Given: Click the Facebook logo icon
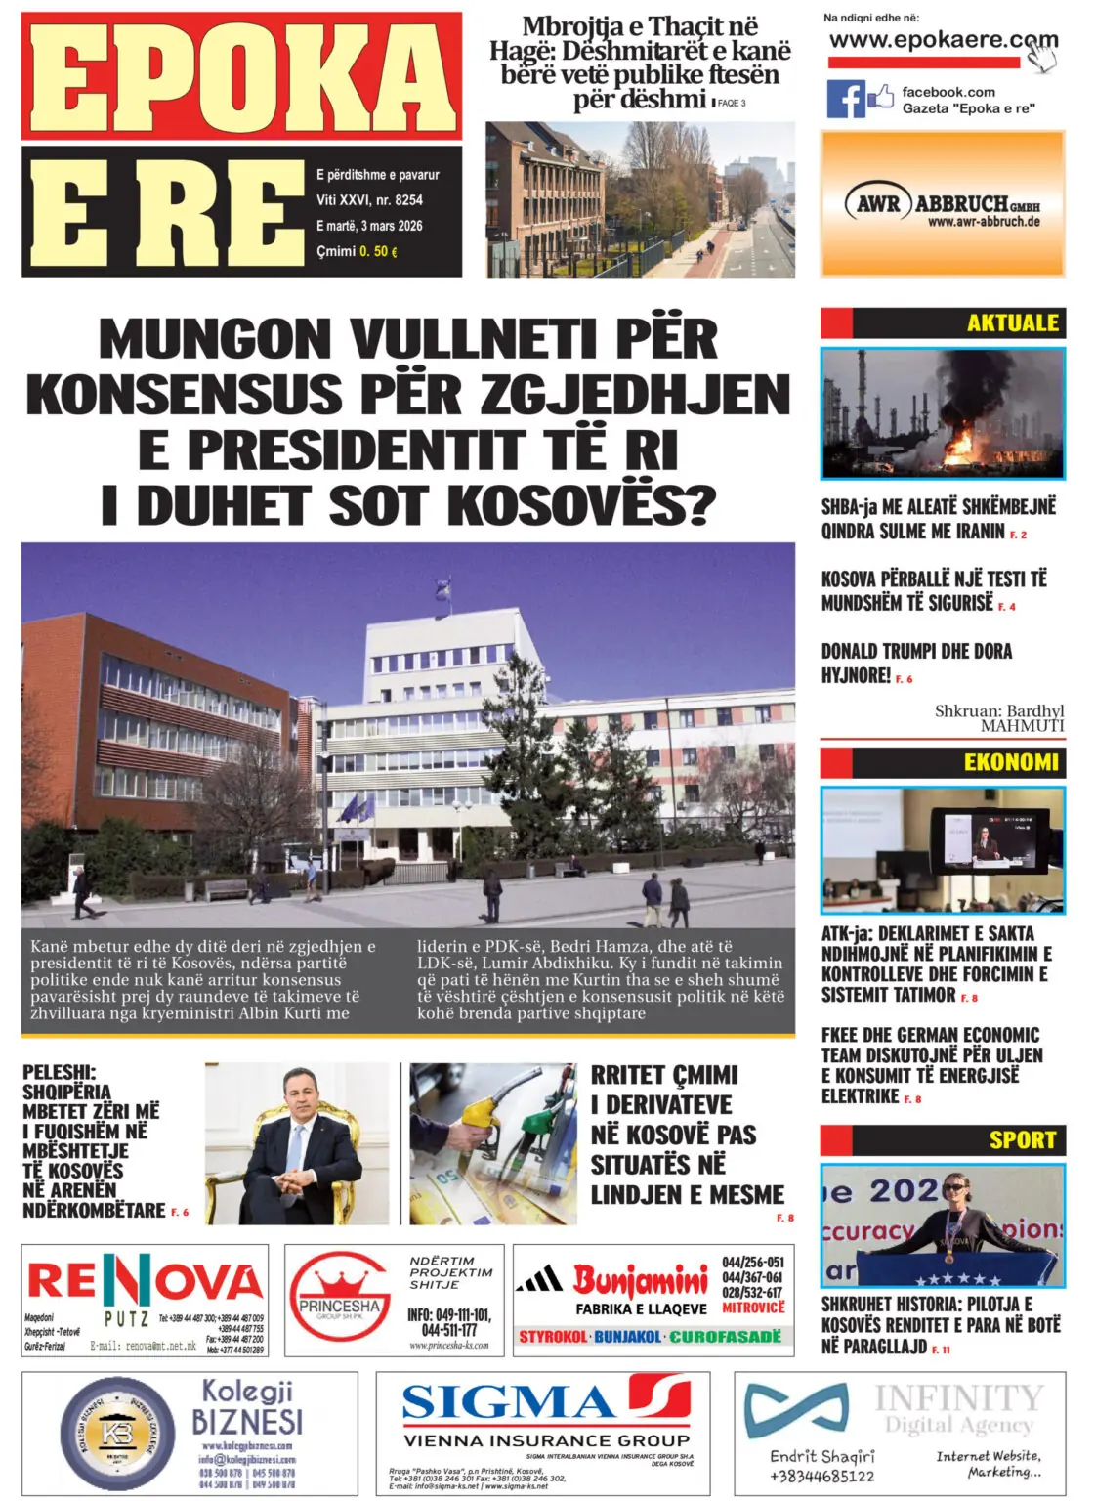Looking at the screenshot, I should [x=846, y=99].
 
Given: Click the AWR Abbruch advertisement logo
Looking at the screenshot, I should [x=942, y=204].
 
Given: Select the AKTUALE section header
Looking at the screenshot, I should [x=1012, y=323].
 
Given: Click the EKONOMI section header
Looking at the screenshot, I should [x=1010, y=762].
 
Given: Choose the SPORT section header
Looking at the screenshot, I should [x=1022, y=1139].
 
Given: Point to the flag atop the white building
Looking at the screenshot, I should [x=441, y=588].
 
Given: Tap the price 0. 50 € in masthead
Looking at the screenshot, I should [x=378, y=251].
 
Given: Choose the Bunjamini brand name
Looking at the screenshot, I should [x=640, y=1279].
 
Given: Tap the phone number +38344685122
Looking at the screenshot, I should [x=821, y=1476].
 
